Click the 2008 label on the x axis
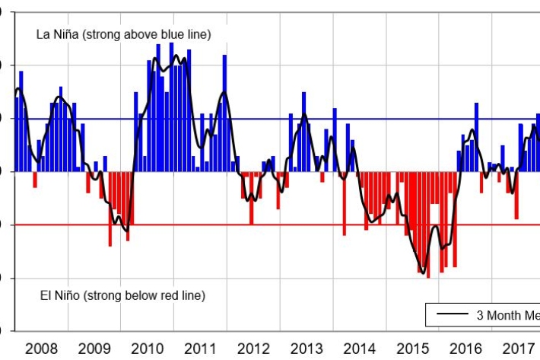41,349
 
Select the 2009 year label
94,349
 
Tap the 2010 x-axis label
148,349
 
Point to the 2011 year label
200,349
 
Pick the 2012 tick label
253,349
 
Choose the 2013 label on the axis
307,349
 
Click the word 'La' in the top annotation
43,35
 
